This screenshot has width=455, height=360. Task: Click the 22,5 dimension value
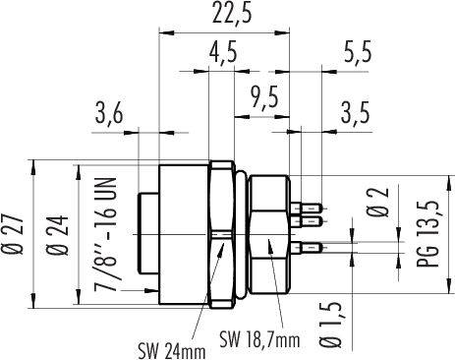point(232,14)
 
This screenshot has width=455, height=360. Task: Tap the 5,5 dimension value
point(358,51)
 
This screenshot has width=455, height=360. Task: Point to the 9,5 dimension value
point(264,96)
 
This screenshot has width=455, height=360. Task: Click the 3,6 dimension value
point(109,112)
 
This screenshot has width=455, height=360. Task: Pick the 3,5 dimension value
point(355,112)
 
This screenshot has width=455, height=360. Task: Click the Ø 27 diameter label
point(13,234)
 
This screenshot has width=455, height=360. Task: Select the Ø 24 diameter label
point(58,234)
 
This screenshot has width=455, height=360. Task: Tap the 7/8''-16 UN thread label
point(105,234)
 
